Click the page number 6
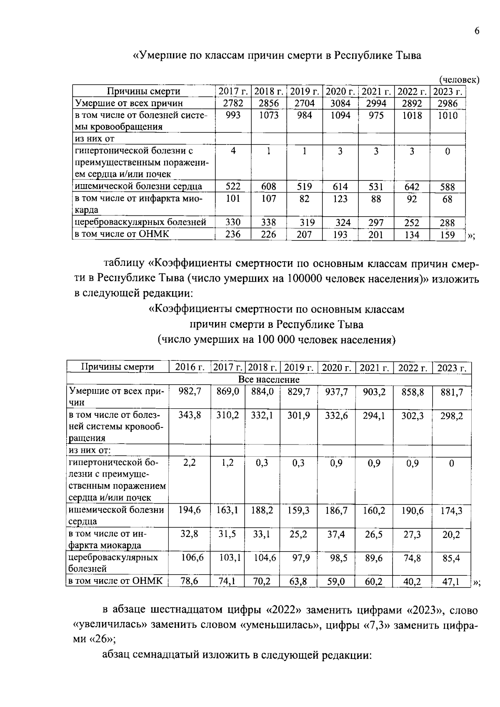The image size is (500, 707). [x=477, y=31]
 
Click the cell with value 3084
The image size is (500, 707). [x=340, y=103]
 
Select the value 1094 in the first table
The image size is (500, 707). [x=340, y=115]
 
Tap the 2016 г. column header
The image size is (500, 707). [x=190, y=367]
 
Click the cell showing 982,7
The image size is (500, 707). [x=190, y=392]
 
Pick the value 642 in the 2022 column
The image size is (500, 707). [x=412, y=187]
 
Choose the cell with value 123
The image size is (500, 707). [x=340, y=199]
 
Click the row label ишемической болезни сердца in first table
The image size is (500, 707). [x=138, y=186]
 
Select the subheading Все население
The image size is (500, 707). [x=269, y=380]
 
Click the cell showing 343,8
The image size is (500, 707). [x=190, y=415]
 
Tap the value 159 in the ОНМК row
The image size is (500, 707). [x=447, y=235]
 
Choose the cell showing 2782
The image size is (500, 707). [x=233, y=103]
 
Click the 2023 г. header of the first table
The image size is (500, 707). [x=447, y=91]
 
